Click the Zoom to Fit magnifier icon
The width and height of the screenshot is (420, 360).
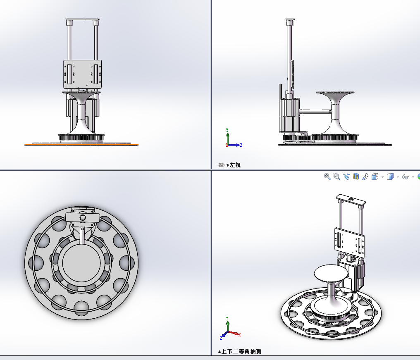(327, 176)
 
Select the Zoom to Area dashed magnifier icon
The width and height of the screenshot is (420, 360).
(336, 176)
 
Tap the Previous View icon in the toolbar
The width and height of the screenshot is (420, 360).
(346, 176)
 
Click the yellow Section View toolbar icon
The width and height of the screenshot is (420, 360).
(356, 176)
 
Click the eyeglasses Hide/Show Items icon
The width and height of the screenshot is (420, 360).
(405, 176)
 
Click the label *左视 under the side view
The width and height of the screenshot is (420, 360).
(234, 165)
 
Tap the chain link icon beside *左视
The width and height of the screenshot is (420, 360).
(221, 165)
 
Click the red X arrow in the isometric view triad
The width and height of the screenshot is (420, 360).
(236, 334)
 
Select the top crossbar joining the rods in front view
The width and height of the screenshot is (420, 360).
(83, 20)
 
